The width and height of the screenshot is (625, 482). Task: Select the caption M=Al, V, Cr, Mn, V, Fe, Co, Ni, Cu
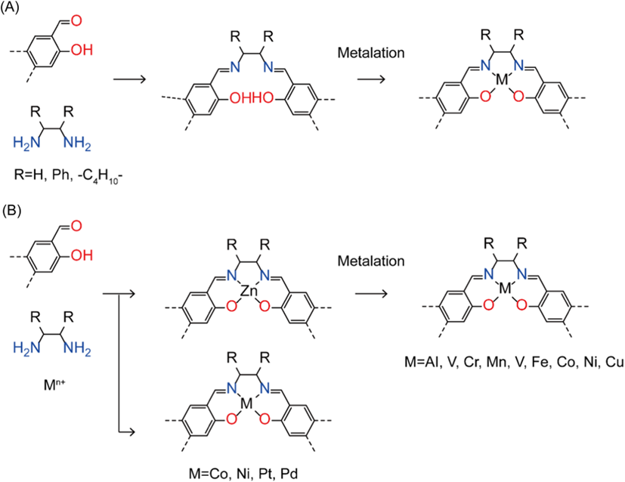[x=520, y=363]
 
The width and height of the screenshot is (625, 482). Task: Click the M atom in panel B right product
[x=498, y=290]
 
